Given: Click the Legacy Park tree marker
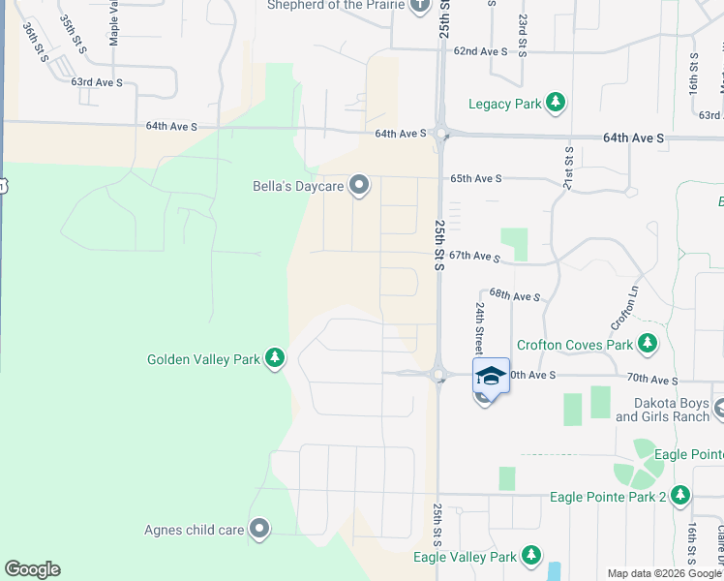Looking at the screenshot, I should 555,103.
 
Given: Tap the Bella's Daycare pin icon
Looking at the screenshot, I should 360,185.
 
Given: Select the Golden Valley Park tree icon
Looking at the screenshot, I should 276,359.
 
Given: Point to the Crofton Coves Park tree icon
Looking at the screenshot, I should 648,344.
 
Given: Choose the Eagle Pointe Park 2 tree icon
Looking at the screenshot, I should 681,497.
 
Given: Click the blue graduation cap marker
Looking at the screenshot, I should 491,376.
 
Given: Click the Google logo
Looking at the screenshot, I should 32,569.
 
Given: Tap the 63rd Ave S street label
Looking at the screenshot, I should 97,82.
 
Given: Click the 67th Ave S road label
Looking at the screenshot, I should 473,256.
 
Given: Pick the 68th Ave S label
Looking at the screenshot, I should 513,294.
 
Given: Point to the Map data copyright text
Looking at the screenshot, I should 664,573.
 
